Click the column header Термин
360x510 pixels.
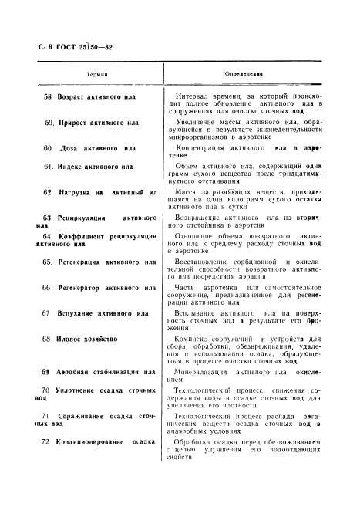pyautogui.click(x=96, y=75)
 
